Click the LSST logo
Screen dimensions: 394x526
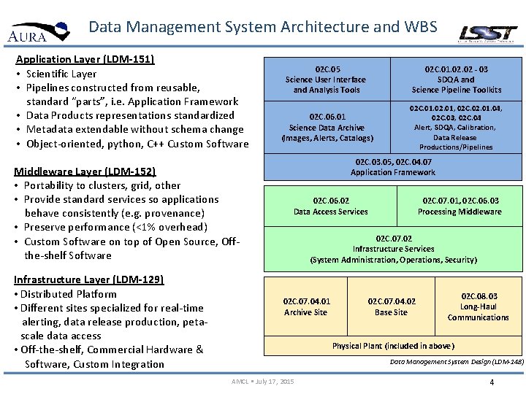[x=487, y=33]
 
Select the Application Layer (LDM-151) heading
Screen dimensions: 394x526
[x=85, y=59]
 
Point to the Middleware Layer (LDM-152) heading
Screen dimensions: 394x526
[x=85, y=171]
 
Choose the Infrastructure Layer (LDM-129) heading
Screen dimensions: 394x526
[x=88, y=279]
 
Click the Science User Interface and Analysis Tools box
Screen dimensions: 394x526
[x=326, y=79]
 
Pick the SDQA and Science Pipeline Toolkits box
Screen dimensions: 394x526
[x=457, y=79]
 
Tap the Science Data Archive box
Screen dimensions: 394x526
[x=327, y=127]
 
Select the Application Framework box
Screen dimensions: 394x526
[x=392, y=167]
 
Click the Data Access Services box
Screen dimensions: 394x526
[x=330, y=206]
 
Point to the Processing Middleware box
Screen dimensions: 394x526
[x=460, y=206]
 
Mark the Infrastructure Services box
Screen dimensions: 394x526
[x=393, y=249]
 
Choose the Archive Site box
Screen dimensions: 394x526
[x=306, y=306]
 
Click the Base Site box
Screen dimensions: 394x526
[x=392, y=306]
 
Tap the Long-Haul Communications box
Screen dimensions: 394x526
[x=479, y=306]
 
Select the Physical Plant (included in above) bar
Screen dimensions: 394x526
[x=393, y=346]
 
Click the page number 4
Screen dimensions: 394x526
[x=492, y=382]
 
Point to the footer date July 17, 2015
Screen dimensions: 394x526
[x=262, y=382]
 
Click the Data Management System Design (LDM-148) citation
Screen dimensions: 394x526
[x=456, y=361]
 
